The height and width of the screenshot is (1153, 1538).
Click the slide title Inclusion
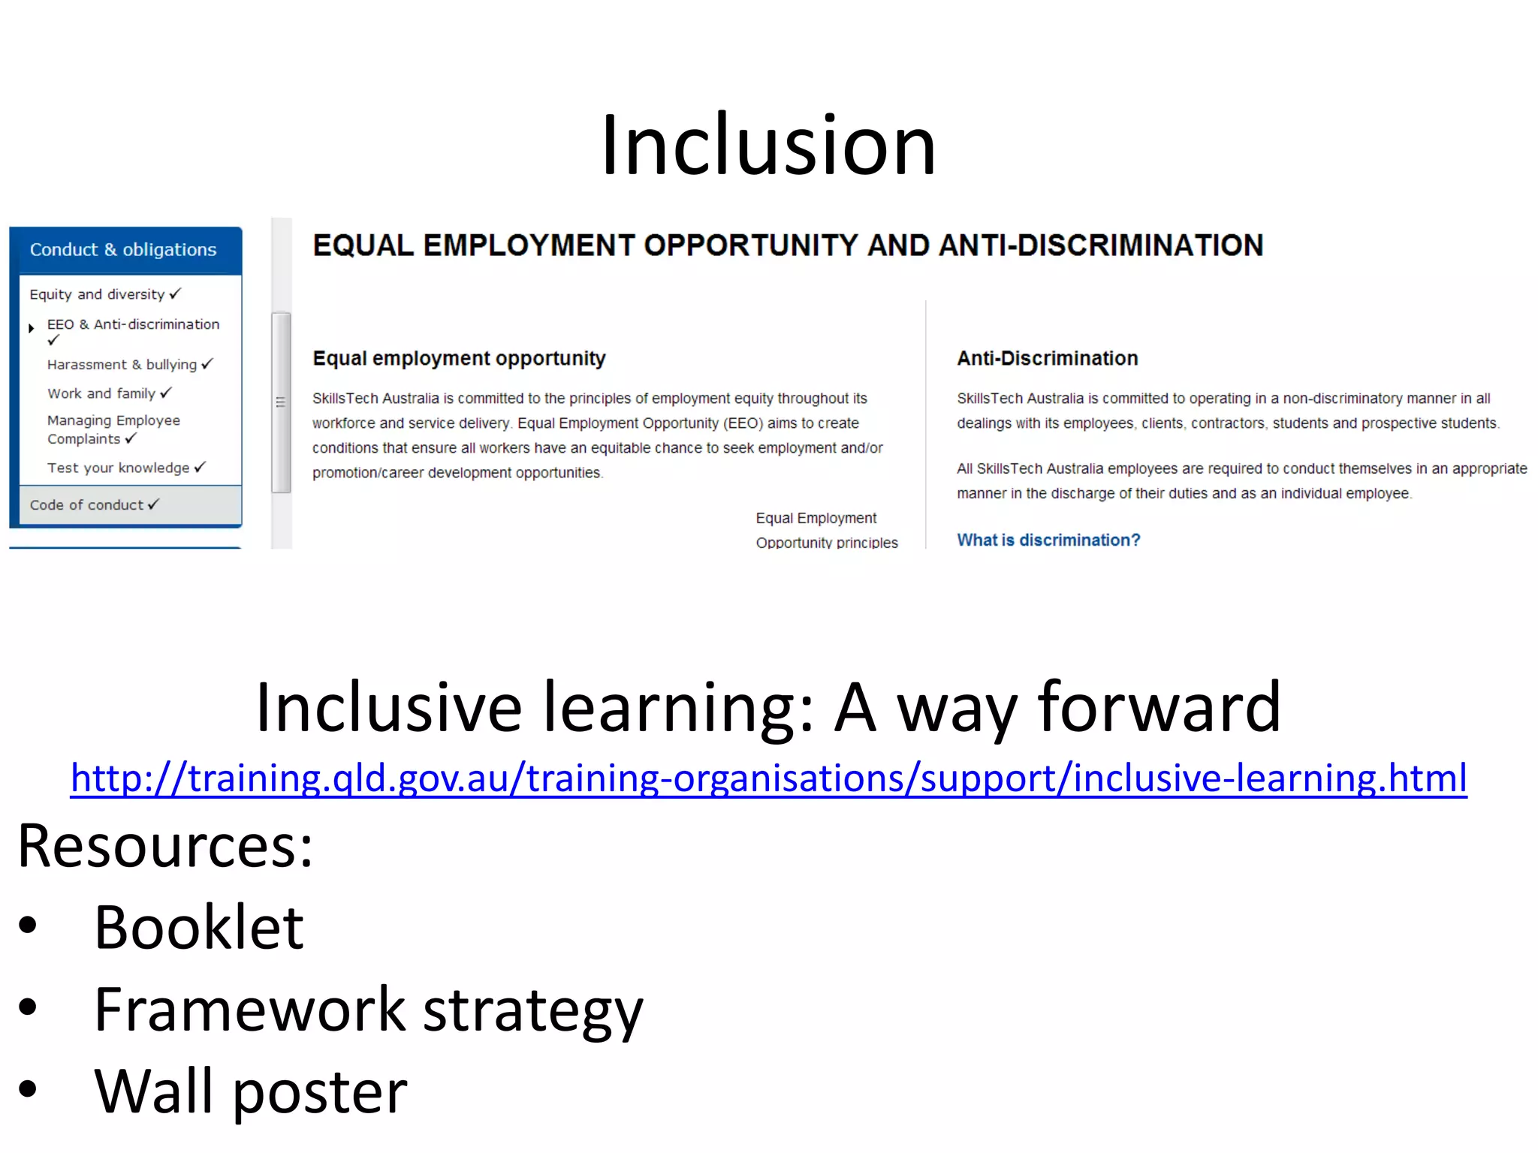pos(767,144)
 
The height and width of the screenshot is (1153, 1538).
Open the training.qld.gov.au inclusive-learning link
pos(768,778)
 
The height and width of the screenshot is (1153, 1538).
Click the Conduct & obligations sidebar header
pos(123,250)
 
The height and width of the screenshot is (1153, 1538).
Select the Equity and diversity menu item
pos(97,294)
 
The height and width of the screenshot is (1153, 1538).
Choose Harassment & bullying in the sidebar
pos(122,365)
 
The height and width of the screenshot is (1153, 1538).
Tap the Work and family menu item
pos(101,393)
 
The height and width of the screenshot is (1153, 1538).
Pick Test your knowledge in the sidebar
pos(119,468)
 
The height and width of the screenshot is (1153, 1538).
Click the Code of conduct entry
pos(86,505)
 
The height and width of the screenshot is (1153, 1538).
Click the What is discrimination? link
pos(1048,540)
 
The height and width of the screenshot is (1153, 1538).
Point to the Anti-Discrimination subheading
pos(1047,358)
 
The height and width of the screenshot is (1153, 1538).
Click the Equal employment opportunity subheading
pos(459,358)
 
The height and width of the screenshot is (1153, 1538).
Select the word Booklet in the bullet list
pos(199,927)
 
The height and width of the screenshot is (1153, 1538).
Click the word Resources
pos(164,846)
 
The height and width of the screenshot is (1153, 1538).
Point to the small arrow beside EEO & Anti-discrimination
pos(32,328)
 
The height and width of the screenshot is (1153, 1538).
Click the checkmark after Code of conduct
pos(153,504)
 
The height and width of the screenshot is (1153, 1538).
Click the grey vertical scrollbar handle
pos(281,402)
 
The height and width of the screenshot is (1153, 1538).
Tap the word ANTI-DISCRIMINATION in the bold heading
pos(1101,245)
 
